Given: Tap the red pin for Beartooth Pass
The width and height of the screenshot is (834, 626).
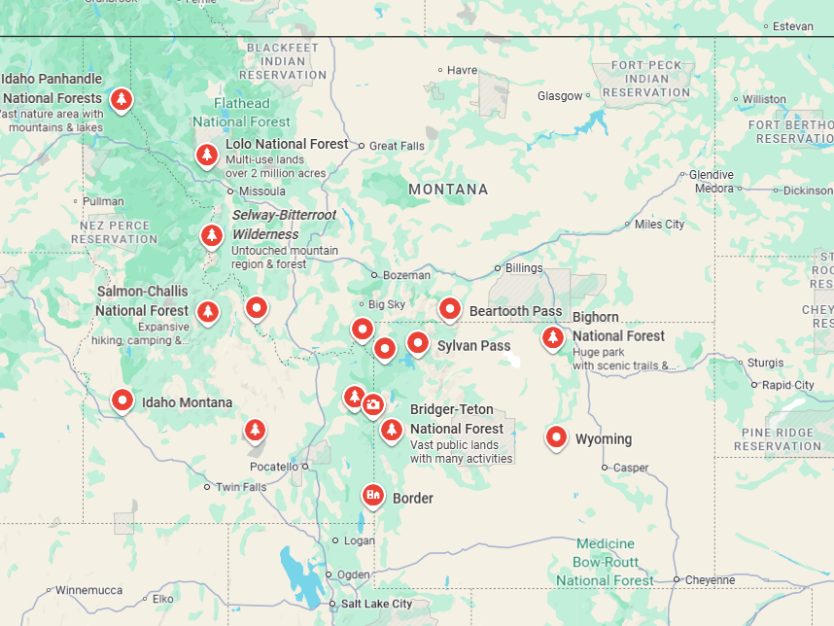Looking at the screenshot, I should (449, 309).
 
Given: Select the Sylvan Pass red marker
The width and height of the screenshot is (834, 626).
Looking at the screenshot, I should (417, 342).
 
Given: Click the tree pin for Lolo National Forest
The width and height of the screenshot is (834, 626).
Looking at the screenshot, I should (206, 154).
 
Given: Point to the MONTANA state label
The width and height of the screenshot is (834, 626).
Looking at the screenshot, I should (448, 190).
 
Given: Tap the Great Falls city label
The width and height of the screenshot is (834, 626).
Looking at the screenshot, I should (397, 146).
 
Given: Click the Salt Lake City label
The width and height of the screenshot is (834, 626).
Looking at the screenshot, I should (376, 604).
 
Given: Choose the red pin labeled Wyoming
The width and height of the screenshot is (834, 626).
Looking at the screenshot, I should (556, 437).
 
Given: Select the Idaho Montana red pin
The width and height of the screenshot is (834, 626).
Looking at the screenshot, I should (122, 400).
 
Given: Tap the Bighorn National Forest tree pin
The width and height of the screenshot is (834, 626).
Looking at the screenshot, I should (552, 337).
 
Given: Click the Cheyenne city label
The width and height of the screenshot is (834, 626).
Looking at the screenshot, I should (710, 579).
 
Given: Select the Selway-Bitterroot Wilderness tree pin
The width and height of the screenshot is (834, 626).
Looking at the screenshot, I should (211, 235).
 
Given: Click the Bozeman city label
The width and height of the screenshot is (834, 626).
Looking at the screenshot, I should (406, 275).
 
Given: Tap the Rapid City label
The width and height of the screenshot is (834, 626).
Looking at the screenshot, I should (789, 385).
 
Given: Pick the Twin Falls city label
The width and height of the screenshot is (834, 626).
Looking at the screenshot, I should (240, 487).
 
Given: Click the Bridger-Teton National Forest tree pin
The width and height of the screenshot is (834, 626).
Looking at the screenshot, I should (392, 429).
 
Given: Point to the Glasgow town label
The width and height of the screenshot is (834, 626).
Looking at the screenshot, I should (560, 96).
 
